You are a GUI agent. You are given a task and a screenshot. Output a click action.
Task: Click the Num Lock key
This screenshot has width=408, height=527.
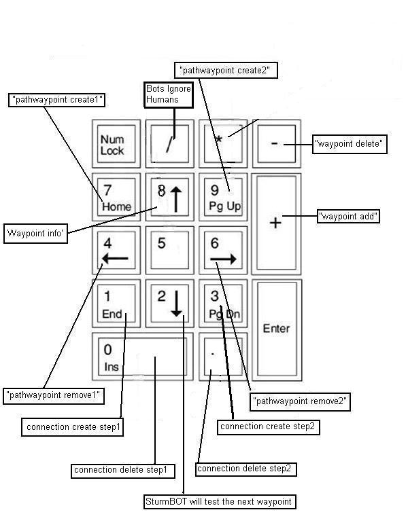[x=116, y=144]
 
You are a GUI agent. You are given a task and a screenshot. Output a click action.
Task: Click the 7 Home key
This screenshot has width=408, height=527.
[x=116, y=196]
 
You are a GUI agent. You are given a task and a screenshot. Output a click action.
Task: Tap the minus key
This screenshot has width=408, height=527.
[x=275, y=144]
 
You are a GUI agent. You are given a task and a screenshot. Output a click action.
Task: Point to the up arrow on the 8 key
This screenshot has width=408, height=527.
[x=176, y=198]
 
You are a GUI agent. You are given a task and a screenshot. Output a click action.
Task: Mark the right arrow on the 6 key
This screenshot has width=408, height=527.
[x=223, y=259]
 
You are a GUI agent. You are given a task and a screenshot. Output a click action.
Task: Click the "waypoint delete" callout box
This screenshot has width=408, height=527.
[x=350, y=144]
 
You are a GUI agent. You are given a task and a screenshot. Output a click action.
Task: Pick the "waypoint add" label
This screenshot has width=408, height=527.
[x=348, y=217]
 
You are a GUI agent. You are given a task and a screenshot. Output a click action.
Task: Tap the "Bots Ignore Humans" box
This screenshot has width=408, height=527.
[x=169, y=94]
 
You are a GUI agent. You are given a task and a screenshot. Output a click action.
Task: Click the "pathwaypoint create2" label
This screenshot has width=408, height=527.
[x=227, y=70]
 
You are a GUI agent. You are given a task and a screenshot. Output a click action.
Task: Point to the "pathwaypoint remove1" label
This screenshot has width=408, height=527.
[x=54, y=395]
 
